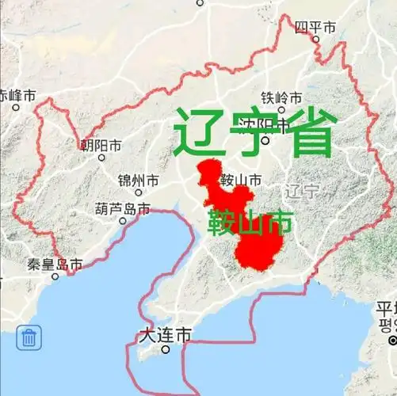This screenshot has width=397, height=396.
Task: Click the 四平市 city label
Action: pos(315,28)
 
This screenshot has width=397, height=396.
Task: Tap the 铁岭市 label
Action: pos(282,98)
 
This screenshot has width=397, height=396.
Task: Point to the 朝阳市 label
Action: pos(100,146)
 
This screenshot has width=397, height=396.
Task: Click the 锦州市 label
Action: pos(138,181)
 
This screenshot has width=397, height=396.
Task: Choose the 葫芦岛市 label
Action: pos(122,209)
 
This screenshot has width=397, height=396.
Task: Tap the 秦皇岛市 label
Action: pos(54,265)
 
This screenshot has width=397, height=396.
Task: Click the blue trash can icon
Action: pos(29,338)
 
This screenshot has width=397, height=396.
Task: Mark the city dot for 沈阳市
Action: pos(266,141)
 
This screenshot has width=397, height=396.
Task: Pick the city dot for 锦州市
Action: pos(138,192)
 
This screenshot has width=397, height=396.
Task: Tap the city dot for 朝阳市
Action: pos(101,158)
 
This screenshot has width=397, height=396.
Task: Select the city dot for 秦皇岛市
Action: pos(55,276)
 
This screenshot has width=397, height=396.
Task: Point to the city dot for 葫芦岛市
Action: pos(123,221)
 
